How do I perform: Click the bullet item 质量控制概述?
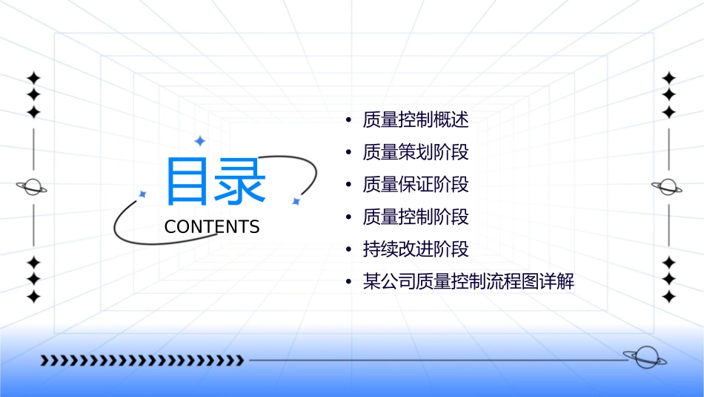click(416, 119)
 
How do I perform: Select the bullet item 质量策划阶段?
click(416, 152)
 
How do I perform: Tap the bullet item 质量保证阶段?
click(416, 184)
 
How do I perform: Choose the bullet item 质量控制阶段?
click(416, 217)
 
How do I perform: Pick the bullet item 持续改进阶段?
click(416, 249)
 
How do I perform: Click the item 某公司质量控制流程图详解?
click(468, 282)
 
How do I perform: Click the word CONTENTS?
click(212, 227)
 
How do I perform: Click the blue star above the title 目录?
click(199, 141)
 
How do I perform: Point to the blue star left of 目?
click(143, 194)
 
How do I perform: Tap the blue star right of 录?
click(296, 201)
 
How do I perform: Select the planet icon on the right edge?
click(668, 187)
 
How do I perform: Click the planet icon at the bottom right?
click(644, 358)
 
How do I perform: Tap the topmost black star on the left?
click(33, 78)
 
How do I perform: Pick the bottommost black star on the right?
click(668, 296)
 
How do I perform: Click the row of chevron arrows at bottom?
click(142, 361)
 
